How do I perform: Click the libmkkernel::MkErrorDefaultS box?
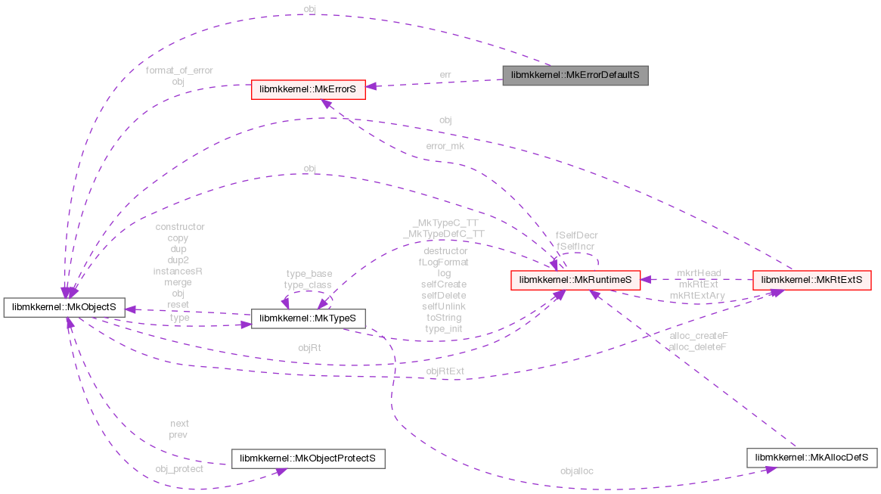575,76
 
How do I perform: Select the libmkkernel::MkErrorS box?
309,89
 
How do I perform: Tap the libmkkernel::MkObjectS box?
64,308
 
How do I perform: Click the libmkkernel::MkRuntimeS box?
575,279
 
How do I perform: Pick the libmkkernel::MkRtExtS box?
811,279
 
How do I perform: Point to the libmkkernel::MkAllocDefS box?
811,458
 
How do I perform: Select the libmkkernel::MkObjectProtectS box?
308,458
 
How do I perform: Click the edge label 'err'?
445,74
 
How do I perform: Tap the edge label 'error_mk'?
446,146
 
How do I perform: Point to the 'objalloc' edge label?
577,471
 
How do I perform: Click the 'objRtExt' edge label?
445,371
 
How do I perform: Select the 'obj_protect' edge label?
179,468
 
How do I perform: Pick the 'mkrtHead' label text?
699,272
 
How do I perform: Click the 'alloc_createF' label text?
698,334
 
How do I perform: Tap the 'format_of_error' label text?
179,70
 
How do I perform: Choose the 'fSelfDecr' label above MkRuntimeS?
577,235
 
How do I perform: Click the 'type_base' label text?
308,273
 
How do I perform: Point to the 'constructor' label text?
179,226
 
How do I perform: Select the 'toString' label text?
443,318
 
